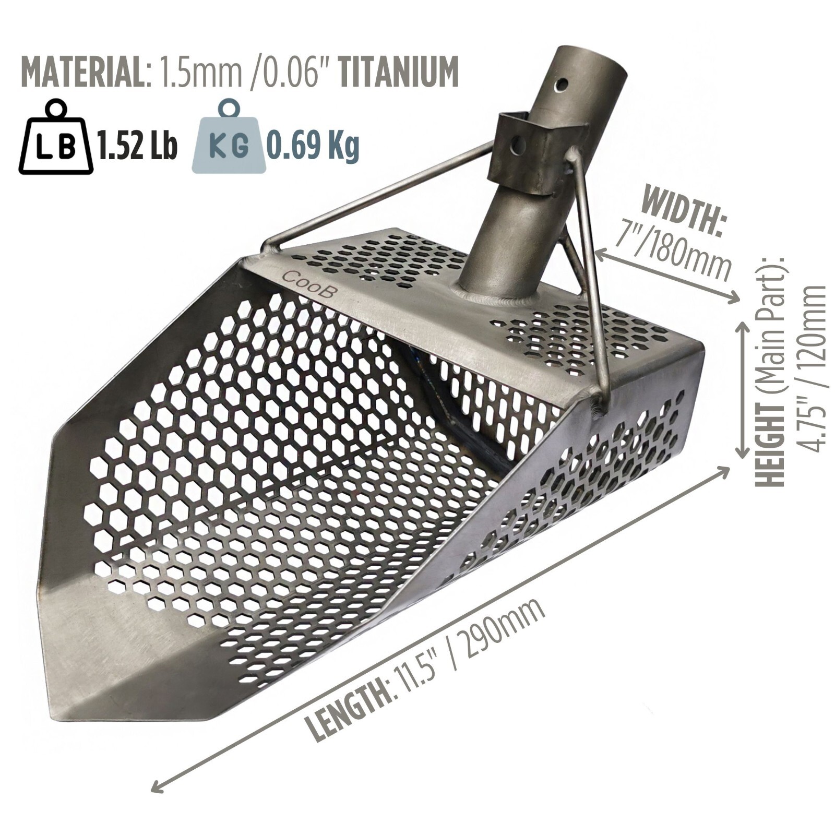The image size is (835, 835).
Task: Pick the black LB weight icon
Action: click(55, 138)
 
